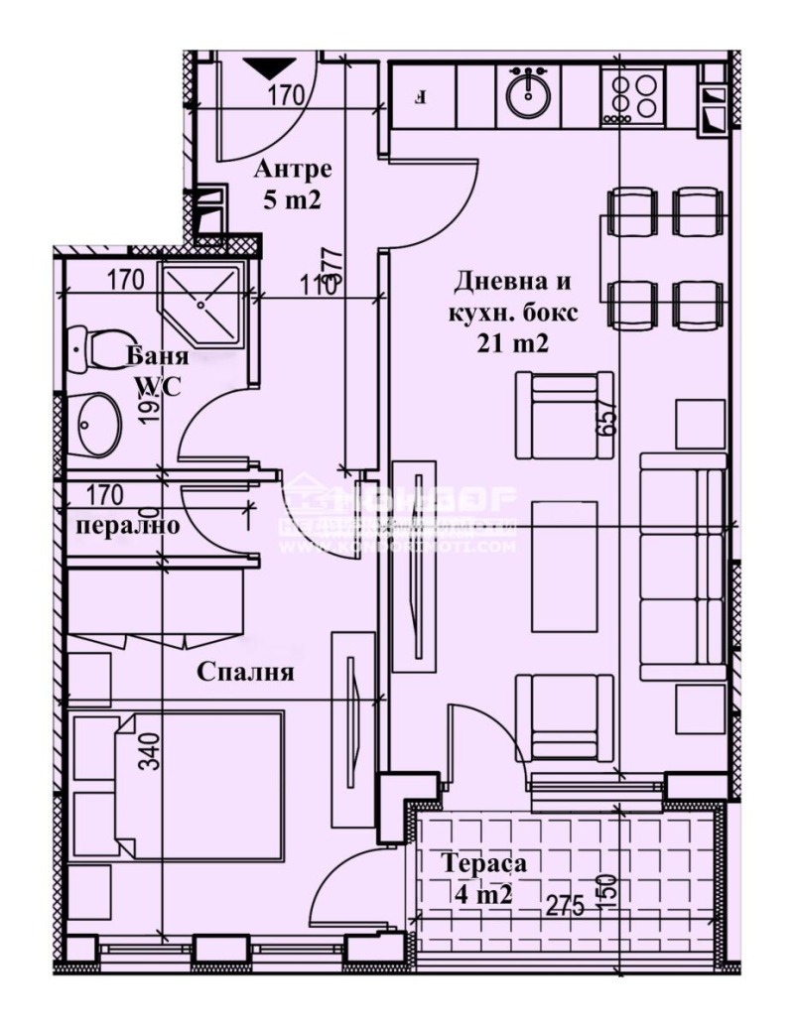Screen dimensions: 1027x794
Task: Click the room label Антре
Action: [292, 167]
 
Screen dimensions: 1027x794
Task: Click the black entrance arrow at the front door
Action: [269, 67]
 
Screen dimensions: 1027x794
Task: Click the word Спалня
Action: [245, 672]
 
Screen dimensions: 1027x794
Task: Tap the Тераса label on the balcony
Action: [478, 863]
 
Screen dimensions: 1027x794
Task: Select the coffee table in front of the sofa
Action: [563, 565]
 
